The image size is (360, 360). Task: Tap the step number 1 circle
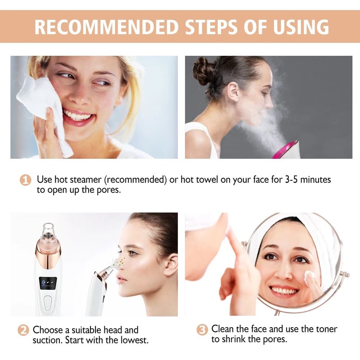(x=26, y=180)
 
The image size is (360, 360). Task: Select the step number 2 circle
(x=23, y=330)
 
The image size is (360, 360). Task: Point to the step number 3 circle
(x=202, y=329)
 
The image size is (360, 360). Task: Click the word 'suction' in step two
(x=47, y=340)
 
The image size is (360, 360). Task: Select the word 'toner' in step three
(x=325, y=329)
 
